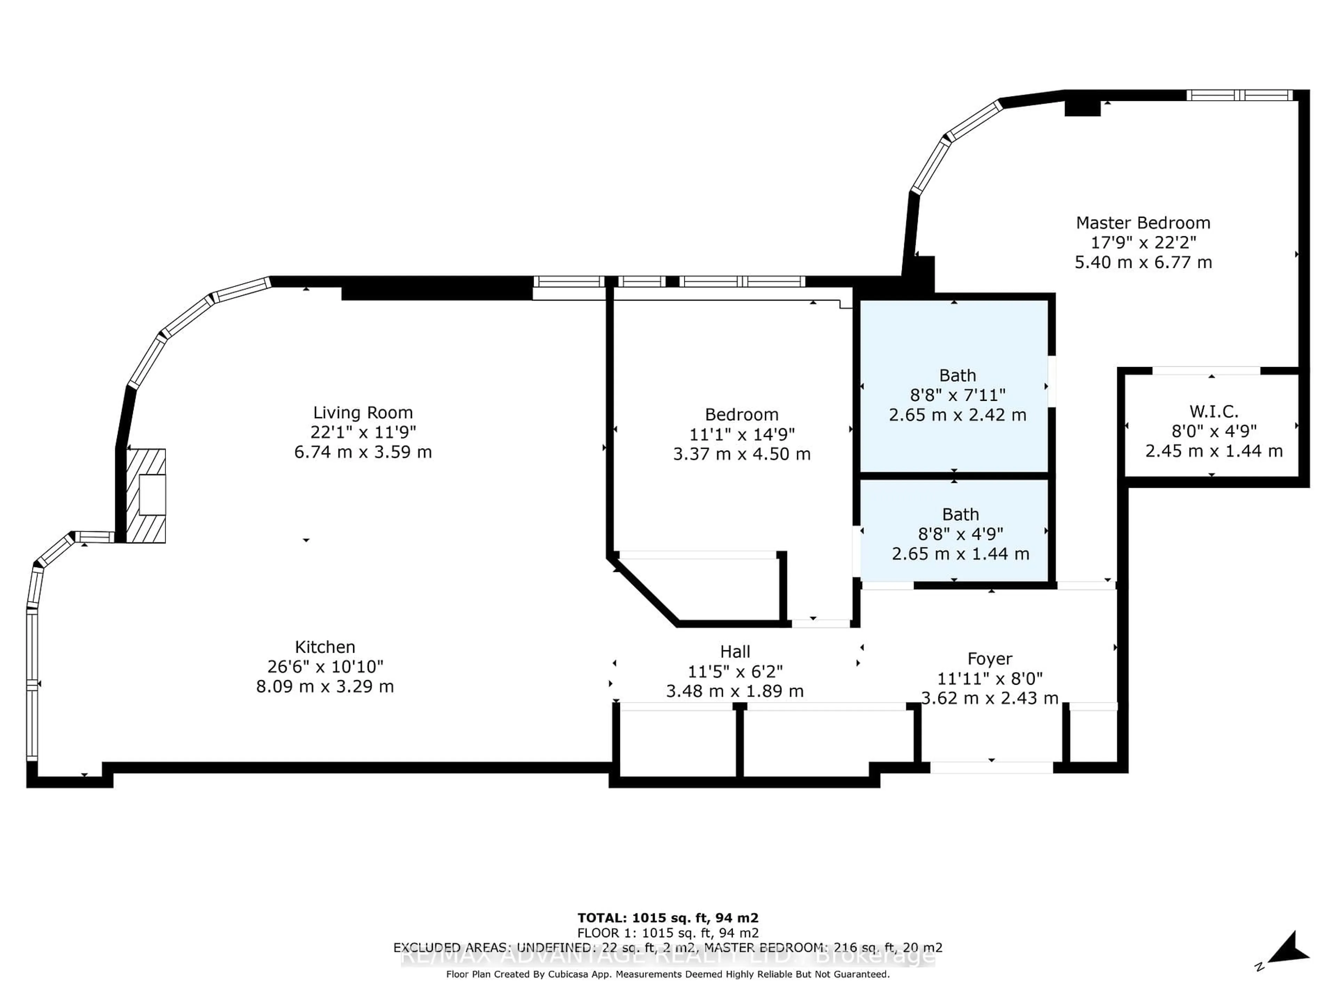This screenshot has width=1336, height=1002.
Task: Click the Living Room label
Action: pyautogui.click(x=363, y=413)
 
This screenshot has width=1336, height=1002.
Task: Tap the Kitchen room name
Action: pyautogui.click(x=325, y=647)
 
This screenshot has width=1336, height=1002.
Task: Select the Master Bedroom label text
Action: pyautogui.click(x=1143, y=223)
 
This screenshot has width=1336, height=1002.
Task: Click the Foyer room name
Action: pyautogui.click(x=989, y=659)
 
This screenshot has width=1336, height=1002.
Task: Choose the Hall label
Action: pyautogui.click(x=735, y=652)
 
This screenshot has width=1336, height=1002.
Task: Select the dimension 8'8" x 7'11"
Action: pyautogui.click(x=957, y=395)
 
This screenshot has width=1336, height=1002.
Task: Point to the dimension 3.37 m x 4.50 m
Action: pyautogui.click(x=742, y=454)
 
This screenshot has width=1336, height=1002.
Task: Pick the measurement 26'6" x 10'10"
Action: pyautogui.click(x=325, y=667)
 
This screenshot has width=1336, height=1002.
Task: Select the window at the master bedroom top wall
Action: pyautogui.click(x=1239, y=95)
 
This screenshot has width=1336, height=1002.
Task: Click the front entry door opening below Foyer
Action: pyautogui.click(x=991, y=768)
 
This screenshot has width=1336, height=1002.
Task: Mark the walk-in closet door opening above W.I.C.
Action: pyautogui.click(x=1206, y=370)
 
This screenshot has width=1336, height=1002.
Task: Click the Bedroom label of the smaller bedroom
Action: pyautogui.click(x=742, y=415)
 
